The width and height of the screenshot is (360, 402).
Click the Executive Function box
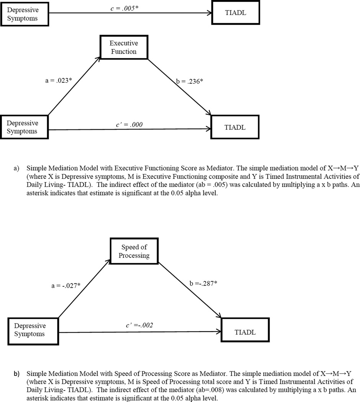pyautogui.click(x=123, y=47)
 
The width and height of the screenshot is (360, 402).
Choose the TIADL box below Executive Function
pyautogui.click(x=234, y=127)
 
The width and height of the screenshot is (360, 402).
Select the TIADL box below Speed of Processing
pyautogui.click(x=245, y=332)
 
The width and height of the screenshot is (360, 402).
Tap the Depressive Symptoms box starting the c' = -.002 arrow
pyautogui.click(x=30, y=330)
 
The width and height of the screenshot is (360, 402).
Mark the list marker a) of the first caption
pyautogui.click(x=17, y=168)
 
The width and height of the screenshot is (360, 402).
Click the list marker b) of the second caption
pyautogui.click(x=17, y=374)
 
